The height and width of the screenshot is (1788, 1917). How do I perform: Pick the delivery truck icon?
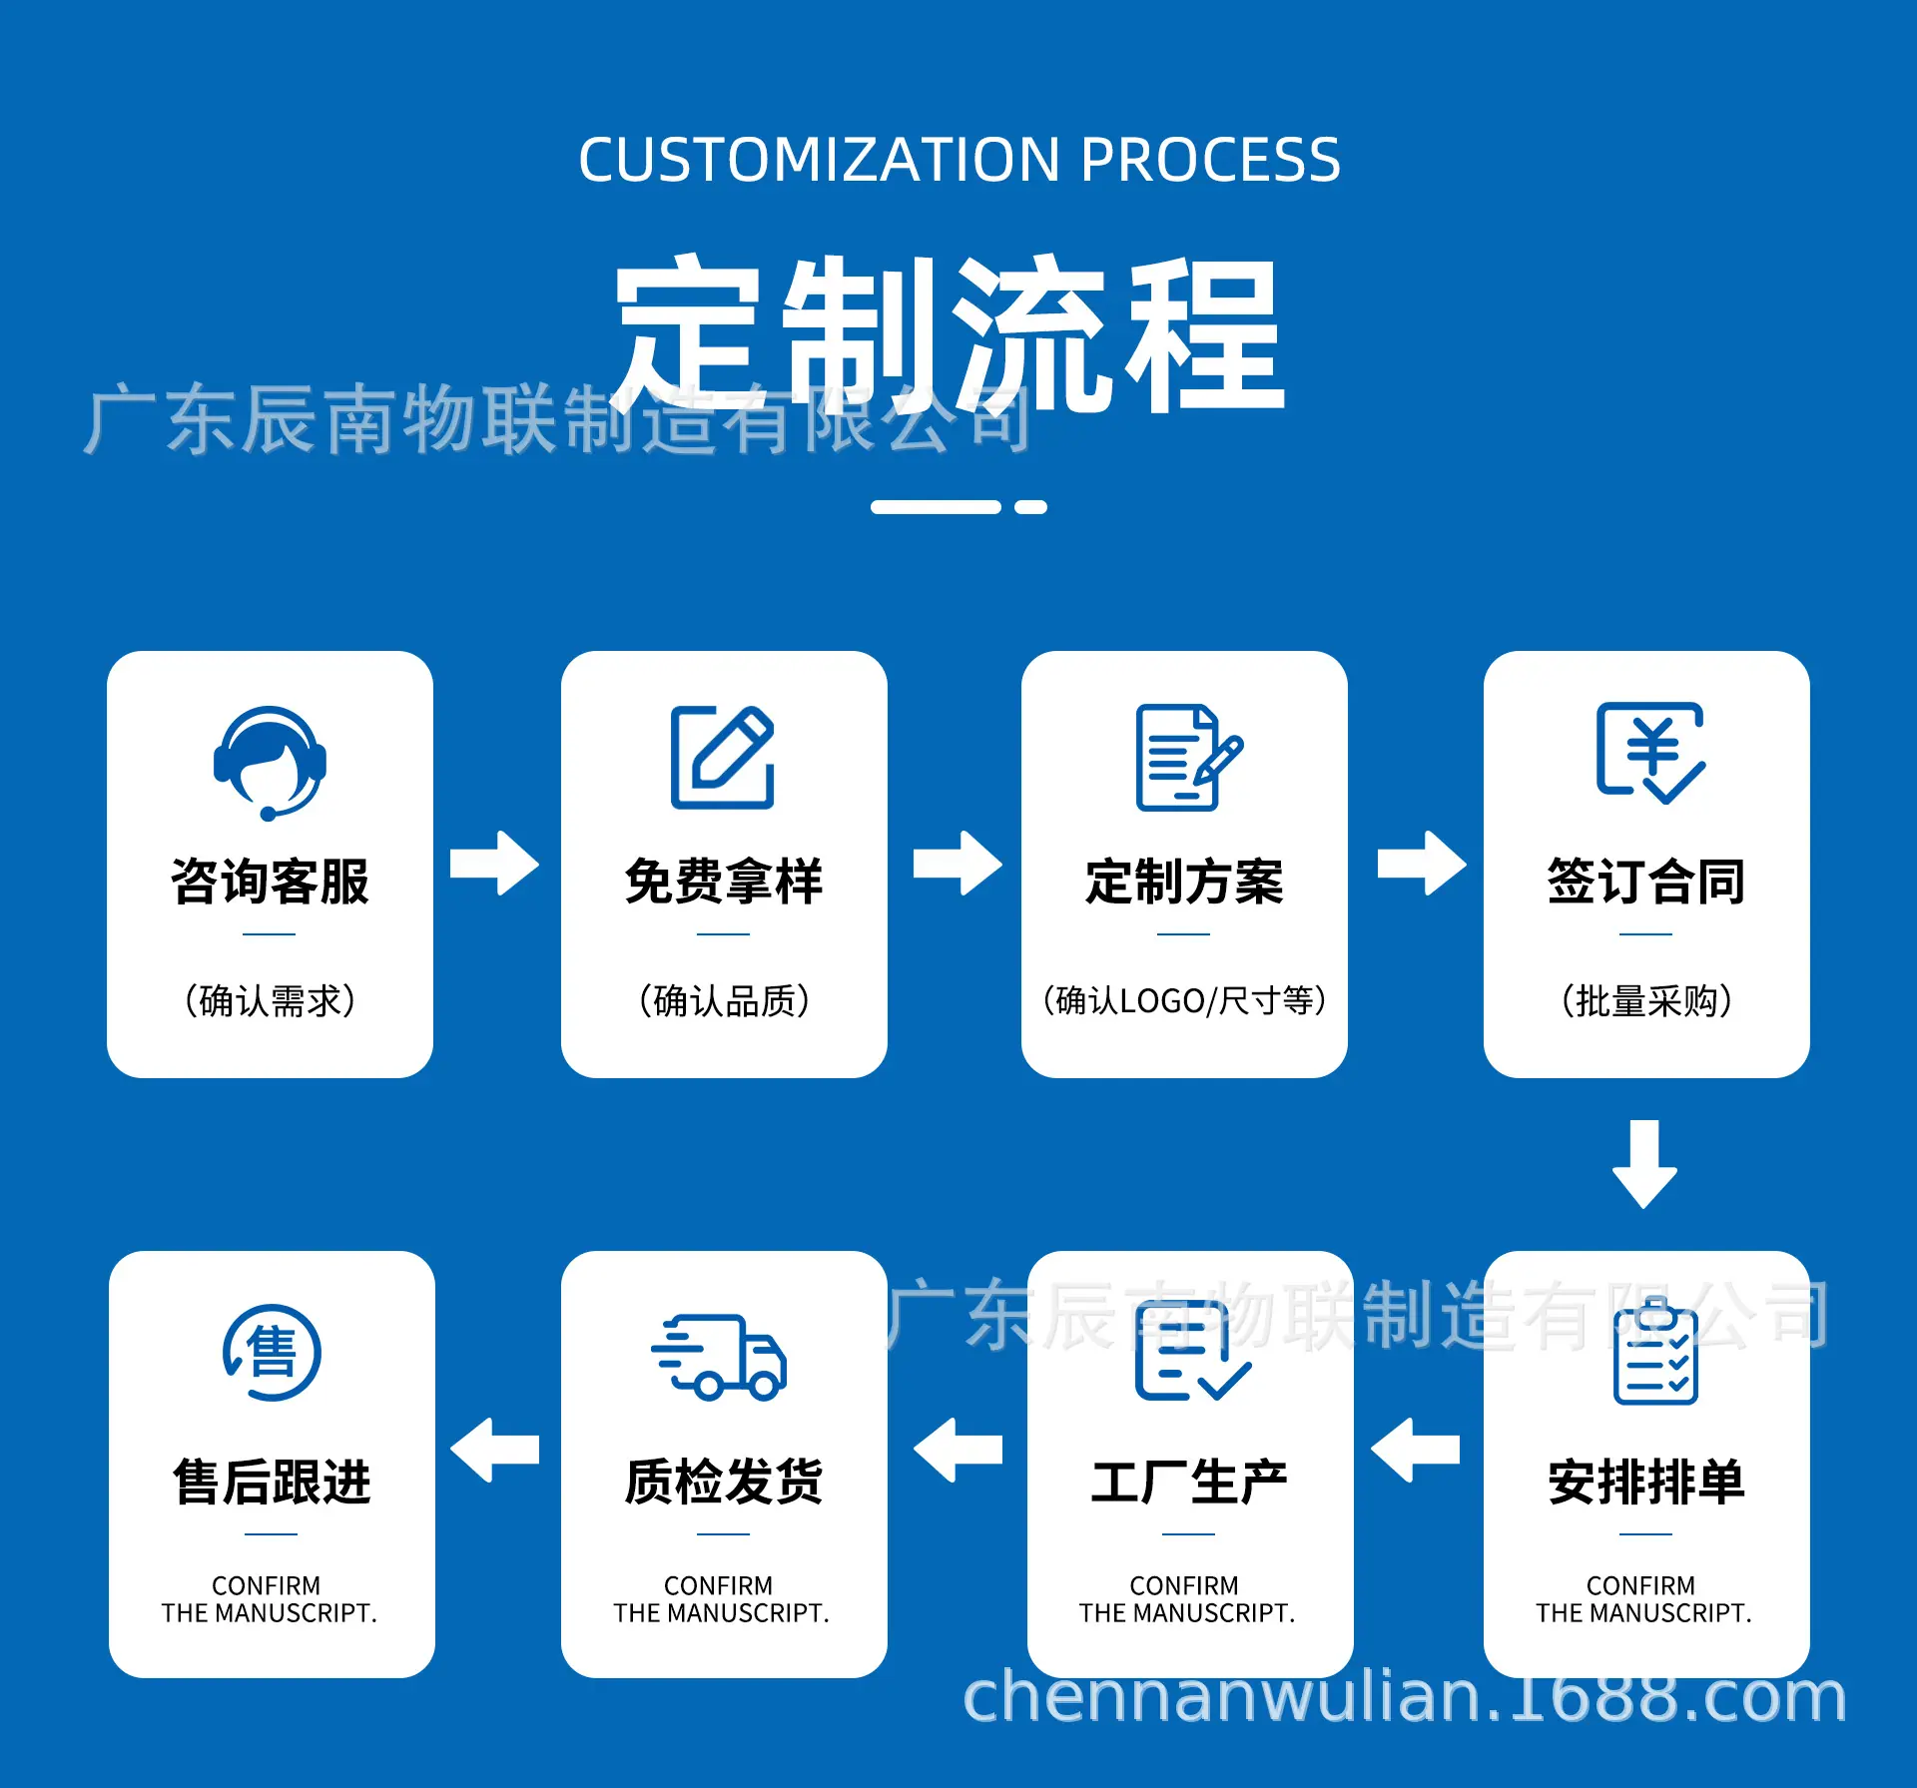[x=719, y=1356]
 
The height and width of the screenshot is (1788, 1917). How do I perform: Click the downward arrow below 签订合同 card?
[x=1644, y=1163]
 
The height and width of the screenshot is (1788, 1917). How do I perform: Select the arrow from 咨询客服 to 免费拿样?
[x=494, y=863]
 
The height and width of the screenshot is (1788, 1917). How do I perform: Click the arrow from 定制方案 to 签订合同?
[x=1422, y=863]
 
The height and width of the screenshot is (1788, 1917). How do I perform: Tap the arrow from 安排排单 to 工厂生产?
[x=1415, y=1450]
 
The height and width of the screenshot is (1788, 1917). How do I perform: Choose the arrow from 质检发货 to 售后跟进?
[x=494, y=1450]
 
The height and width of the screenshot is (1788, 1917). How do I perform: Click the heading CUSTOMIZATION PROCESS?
[x=959, y=160]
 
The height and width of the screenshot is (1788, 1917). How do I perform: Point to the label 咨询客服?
[x=270, y=882]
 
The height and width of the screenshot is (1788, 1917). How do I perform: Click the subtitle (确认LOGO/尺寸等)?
[x=1184, y=1000]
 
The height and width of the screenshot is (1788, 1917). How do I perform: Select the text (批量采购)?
[x=1646, y=1000]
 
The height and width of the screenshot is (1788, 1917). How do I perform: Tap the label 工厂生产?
[x=1189, y=1482]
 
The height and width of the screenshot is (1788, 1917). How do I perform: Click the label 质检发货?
[x=724, y=1482]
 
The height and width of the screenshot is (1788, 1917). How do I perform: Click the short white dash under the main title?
[x=1030, y=507]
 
